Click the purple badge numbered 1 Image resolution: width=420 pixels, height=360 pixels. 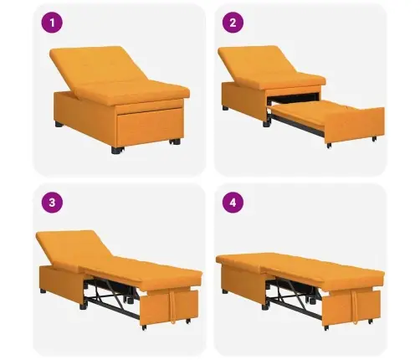(x=52, y=23)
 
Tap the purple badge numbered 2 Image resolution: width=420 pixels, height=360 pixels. (x=233, y=23)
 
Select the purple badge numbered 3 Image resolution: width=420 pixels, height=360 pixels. (x=52, y=203)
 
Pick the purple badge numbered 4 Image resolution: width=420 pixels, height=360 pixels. (x=233, y=203)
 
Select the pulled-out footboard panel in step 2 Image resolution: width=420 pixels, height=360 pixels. (x=354, y=125)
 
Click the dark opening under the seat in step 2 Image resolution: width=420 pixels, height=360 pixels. (x=293, y=98)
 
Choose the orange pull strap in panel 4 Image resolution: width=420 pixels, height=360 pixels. (x=355, y=307)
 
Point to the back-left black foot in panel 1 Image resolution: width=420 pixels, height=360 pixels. (x=59, y=124)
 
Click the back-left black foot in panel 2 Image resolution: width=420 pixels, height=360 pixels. (x=225, y=108)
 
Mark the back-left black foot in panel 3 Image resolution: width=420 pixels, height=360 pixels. (x=43, y=291)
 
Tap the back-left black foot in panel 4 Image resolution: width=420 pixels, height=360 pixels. (x=225, y=291)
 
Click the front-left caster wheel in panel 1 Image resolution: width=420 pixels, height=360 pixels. (x=116, y=150)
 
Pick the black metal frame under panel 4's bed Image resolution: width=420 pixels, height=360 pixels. (x=295, y=297)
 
